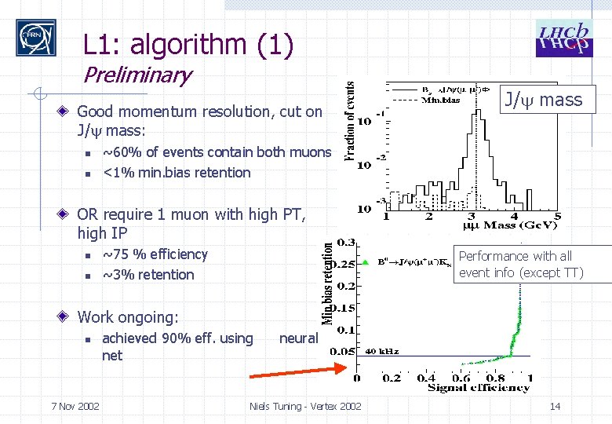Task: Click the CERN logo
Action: click(x=36, y=38)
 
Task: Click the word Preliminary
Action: click(x=137, y=76)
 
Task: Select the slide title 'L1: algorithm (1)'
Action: click(x=188, y=45)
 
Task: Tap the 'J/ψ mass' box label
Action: click(x=543, y=100)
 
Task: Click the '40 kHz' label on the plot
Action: click(x=381, y=351)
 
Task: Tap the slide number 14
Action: click(x=555, y=406)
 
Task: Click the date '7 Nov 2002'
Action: click(x=75, y=406)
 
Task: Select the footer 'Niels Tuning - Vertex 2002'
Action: click(x=305, y=406)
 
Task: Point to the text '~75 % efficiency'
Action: click(x=155, y=254)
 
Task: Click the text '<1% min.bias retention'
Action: click(x=177, y=173)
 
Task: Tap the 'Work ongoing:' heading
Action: click(x=127, y=317)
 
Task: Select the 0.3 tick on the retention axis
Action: click(x=345, y=242)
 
